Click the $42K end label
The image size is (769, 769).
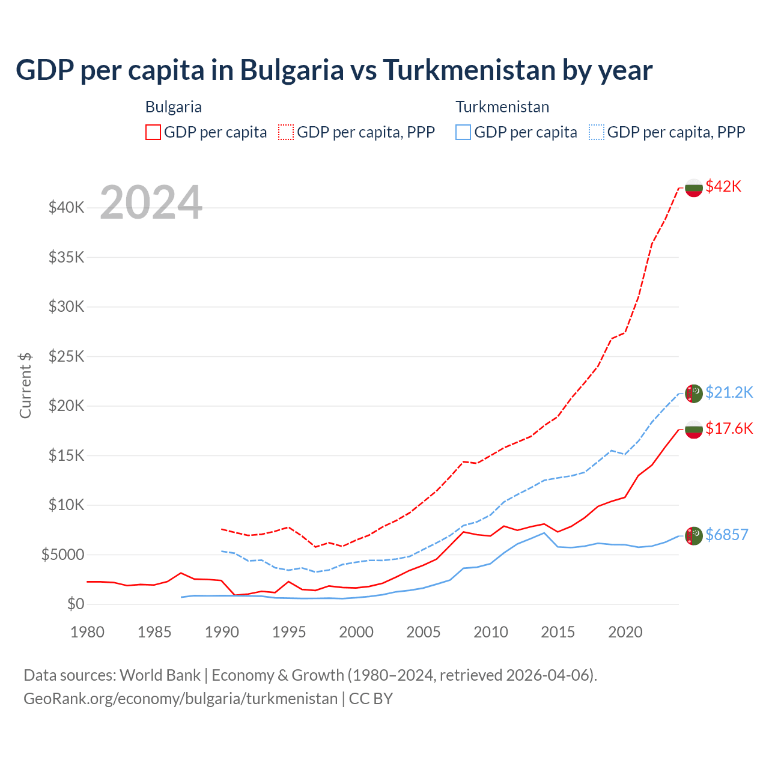[x=723, y=186]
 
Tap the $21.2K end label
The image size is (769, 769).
[x=729, y=392]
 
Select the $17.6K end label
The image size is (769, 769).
[x=729, y=428]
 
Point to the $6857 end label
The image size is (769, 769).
[x=726, y=535]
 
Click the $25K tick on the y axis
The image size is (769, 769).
[x=67, y=356]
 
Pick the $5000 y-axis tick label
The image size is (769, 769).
[x=62, y=555]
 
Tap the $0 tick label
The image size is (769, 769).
[x=76, y=604]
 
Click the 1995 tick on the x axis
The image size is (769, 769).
[x=289, y=632]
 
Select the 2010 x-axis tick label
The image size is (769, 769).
[x=491, y=632]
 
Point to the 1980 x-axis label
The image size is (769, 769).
[x=87, y=632]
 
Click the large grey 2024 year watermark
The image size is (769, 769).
[x=151, y=202]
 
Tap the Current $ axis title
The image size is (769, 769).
[x=25, y=385]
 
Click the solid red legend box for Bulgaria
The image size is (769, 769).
[x=153, y=132]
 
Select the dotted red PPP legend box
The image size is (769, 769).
[x=286, y=132]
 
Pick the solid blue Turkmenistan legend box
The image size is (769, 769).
[x=463, y=132]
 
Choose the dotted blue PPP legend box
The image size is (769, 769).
[x=597, y=132]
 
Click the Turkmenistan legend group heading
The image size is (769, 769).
[x=502, y=107]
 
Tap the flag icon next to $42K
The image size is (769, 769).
[x=694, y=187]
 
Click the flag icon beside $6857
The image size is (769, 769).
[x=694, y=535]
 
